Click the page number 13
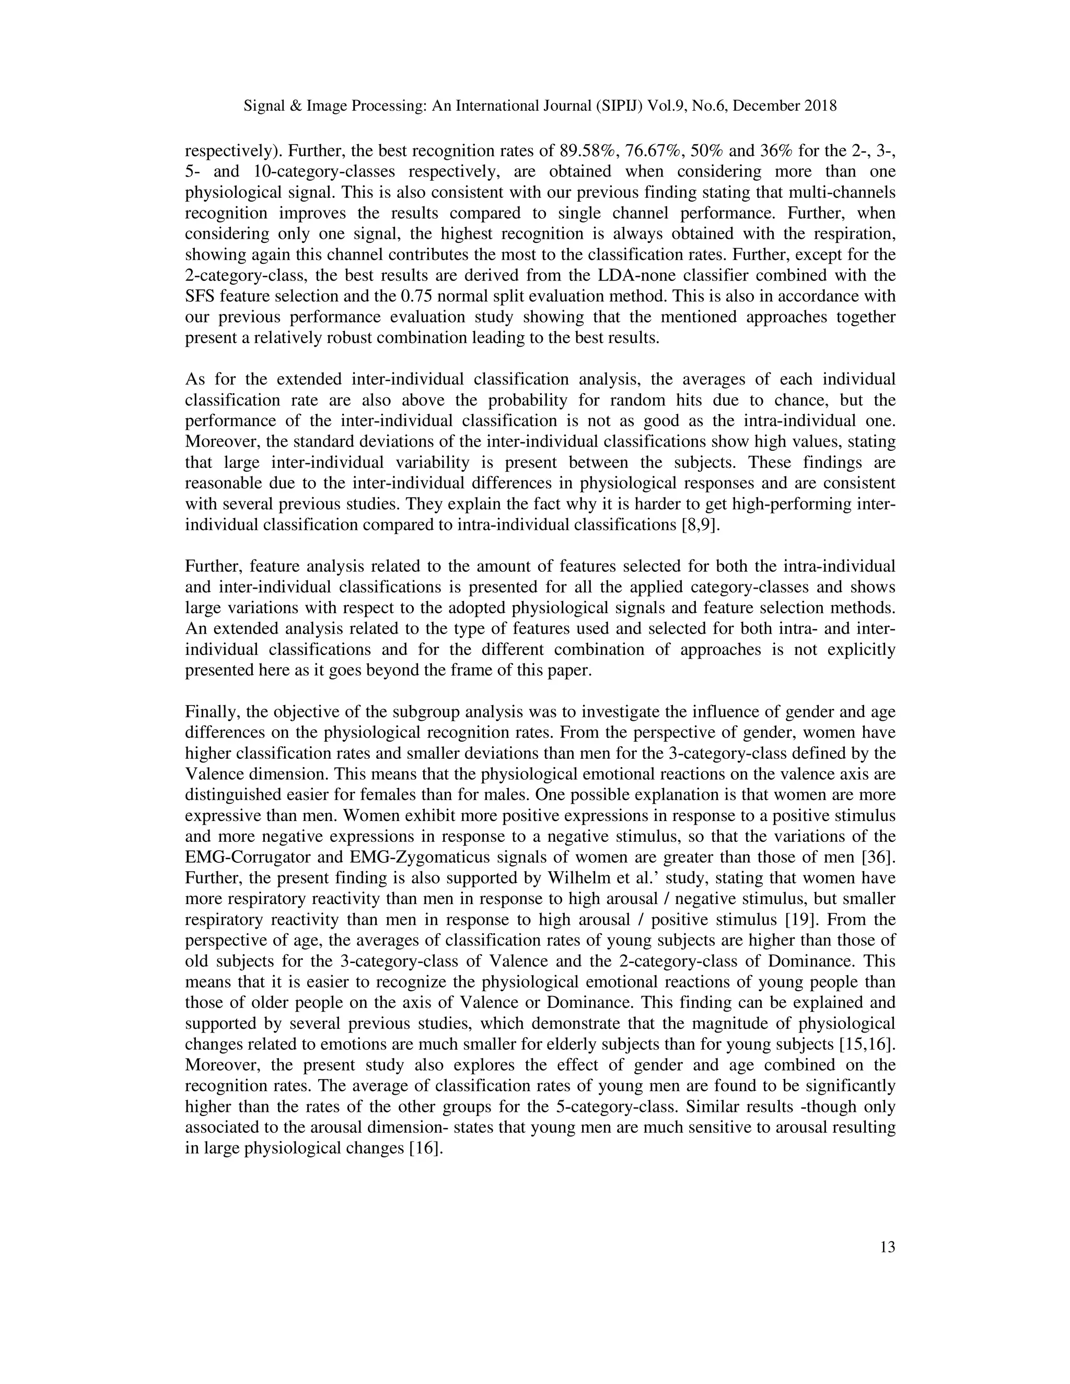point(888,1247)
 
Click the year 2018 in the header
point(820,106)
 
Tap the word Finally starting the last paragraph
point(212,712)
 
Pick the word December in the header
point(768,106)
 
